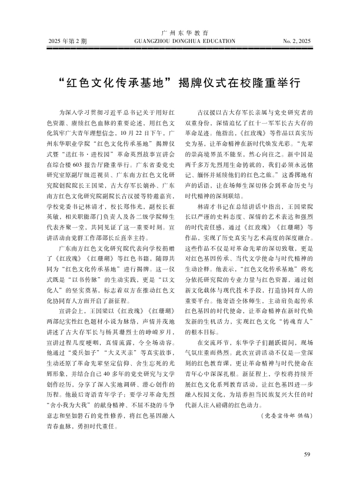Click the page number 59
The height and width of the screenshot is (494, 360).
tap(306, 454)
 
